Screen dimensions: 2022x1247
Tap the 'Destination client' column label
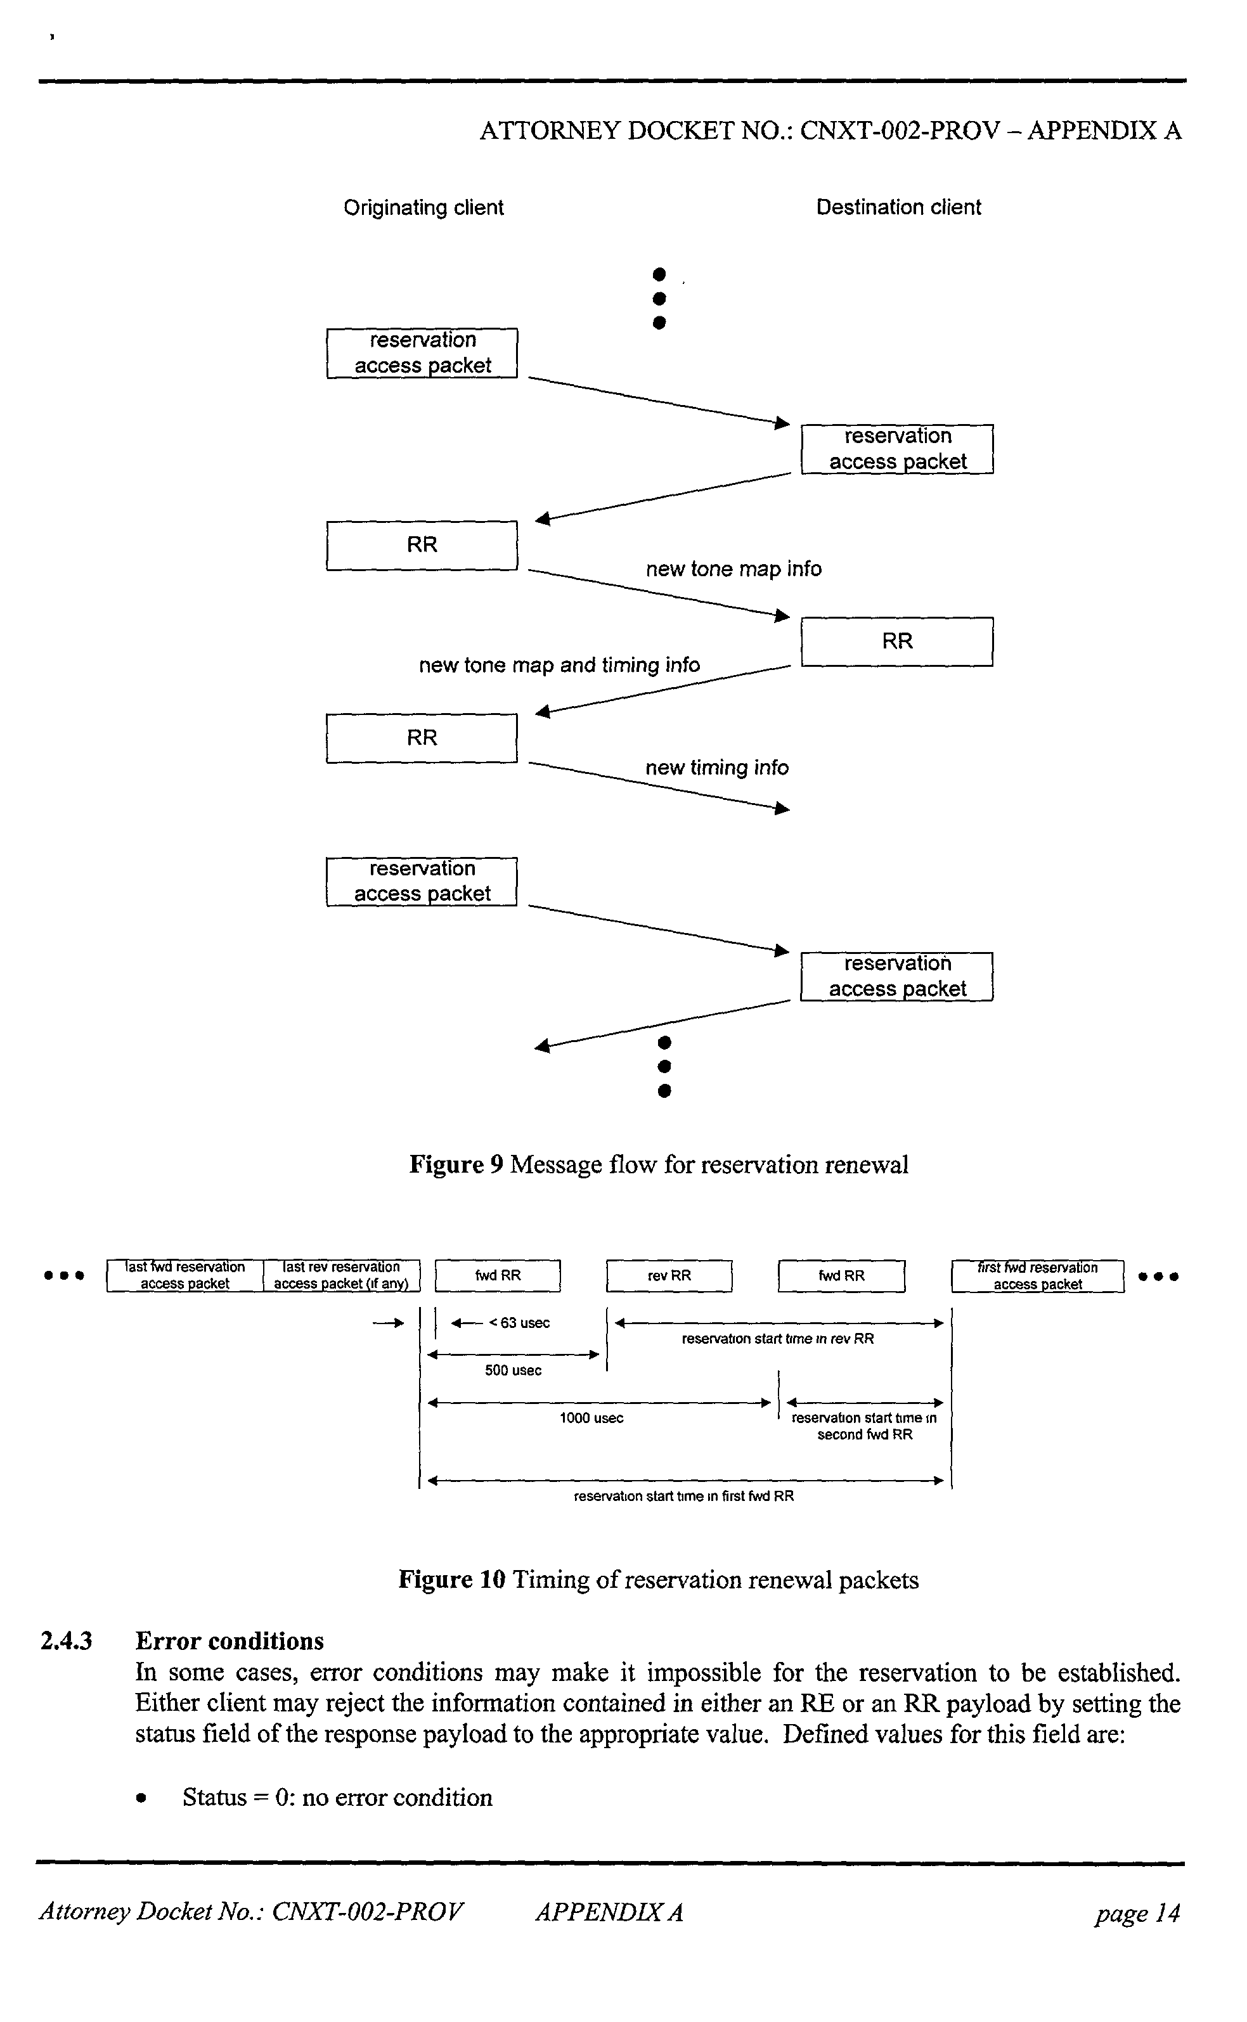pyautogui.click(x=898, y=208)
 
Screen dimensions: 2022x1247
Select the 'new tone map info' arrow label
pyautogui.click(x=733, y=569)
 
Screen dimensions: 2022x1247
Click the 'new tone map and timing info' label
pyautogui.click(x=559, y=665)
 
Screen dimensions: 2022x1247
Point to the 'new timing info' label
pyautogui.click(x=717, y=768)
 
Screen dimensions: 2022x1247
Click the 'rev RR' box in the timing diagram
pyautogui.click(x=669, y=1276)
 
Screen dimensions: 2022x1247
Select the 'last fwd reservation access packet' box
pyautogui.click(x=184, y=1276)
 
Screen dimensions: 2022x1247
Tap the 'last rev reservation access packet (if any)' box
pyautogui.click(x=342, y=1276)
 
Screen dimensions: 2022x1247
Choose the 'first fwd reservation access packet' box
pyautogui.click(x=1038, y=1277)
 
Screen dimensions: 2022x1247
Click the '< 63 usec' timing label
pyautogui.click(x=519, y=1323)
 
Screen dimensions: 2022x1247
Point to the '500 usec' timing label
pyautogui.click(x=513, y=1370)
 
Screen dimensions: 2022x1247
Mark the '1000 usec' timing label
pyautogui.click(x=591, y=1419)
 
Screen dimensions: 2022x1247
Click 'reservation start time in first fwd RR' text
pyautogui.click(x=683, y=1496)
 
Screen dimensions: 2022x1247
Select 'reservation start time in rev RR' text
pyautogui.click(x=778, y=1339)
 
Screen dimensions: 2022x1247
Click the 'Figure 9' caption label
pyautogui.click(x=456, y=1165)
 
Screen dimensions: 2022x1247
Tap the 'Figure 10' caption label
pyautogui.click(x=451, y=1580)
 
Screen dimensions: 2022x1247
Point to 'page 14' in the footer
pyautogui.click(x=1137, y=1912)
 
